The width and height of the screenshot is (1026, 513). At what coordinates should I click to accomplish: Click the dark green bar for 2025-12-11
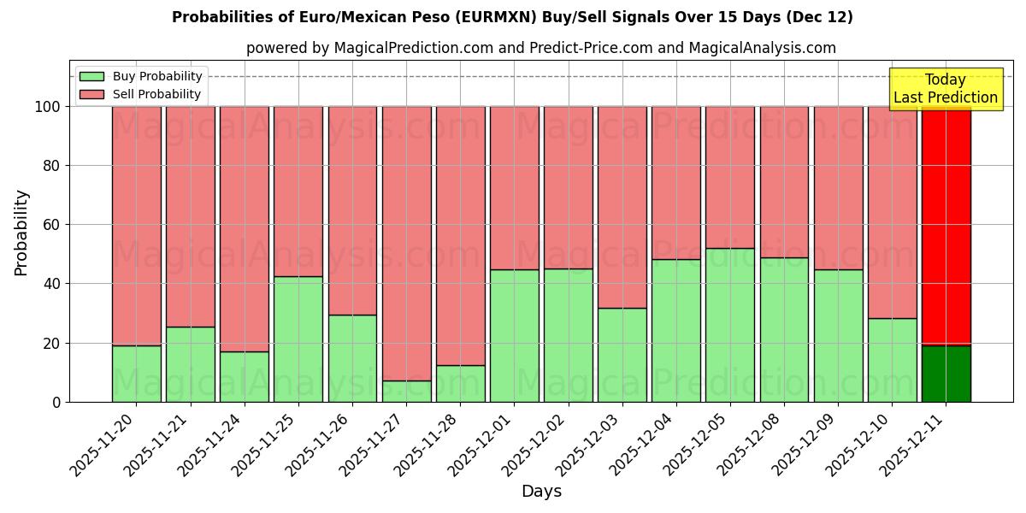coord(946,374)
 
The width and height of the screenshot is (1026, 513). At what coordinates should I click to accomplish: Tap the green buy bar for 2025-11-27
coord(406,392)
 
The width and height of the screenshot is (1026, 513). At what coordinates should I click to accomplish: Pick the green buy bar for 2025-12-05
coord(730,325)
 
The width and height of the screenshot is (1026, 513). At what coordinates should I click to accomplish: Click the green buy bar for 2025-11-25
coord(298,339)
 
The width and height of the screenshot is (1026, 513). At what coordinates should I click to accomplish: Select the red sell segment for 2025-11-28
coord(461,235)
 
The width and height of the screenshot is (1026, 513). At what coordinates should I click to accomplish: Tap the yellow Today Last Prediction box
coord(945,89)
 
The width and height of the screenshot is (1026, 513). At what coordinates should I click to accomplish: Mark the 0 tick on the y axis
coord(57,402)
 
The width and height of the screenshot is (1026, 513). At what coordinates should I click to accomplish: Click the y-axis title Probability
coord(21,233)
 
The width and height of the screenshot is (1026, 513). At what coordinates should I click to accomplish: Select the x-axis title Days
coord(541,492)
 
